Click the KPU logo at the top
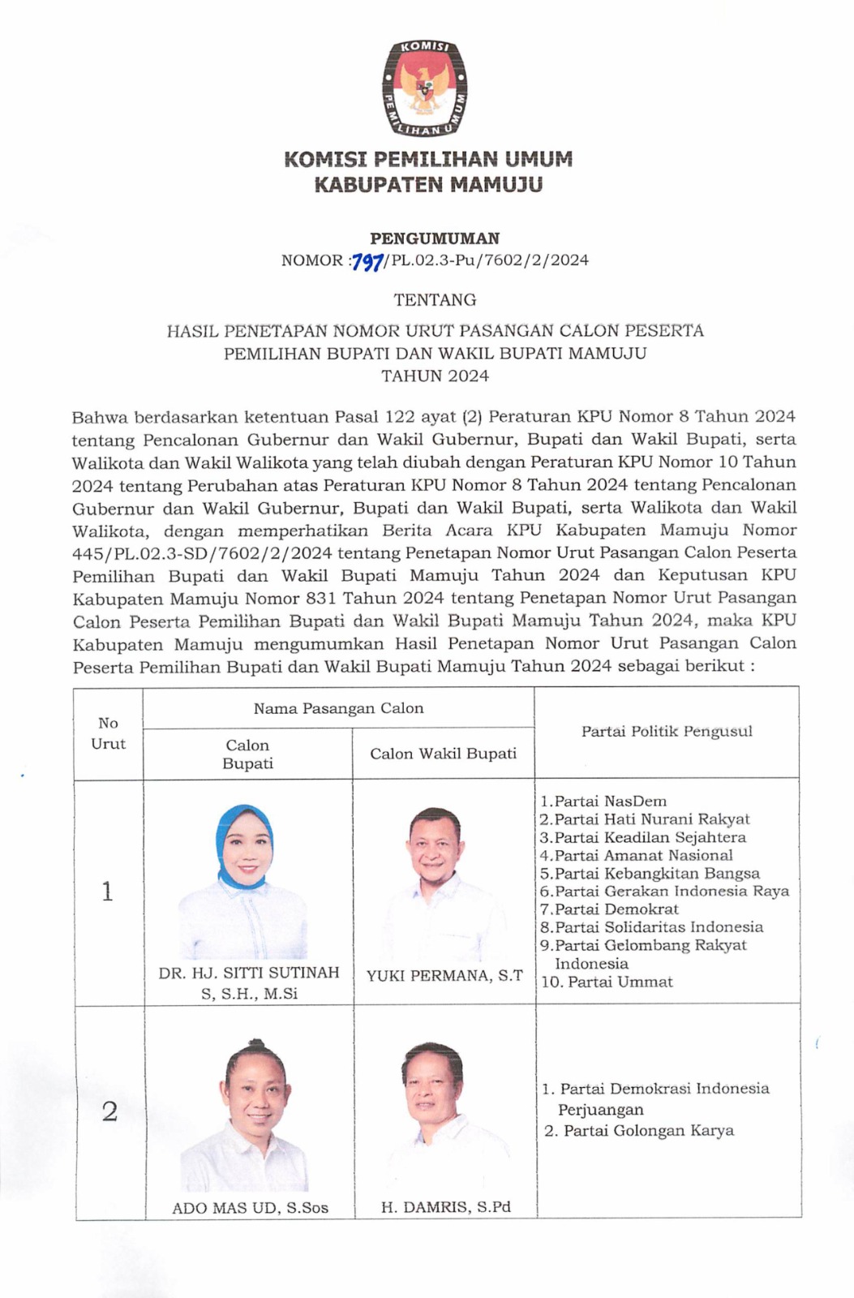(x=424, y=88)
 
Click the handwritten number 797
(x=367, y=261)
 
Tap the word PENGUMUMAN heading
(x=435, y=239)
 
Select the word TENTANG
(x=435, y=300)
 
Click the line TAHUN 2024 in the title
(x=435, y=376)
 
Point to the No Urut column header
(x=108, y=733)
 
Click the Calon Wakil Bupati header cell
(x=443, y=754)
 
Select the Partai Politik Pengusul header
(x=667, y=731)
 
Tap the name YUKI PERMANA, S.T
(x=444, y=976)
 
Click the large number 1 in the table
(x=107, y=892)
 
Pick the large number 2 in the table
(x=109, y=1111)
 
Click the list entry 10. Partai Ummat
(x=607, y=982)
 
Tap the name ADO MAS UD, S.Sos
(x=250, y=1208)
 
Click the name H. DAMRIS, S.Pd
(x=445, y=1207)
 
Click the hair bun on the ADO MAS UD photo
(x=255, y=1044)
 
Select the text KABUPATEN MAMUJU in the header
(x=427, y=185)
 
